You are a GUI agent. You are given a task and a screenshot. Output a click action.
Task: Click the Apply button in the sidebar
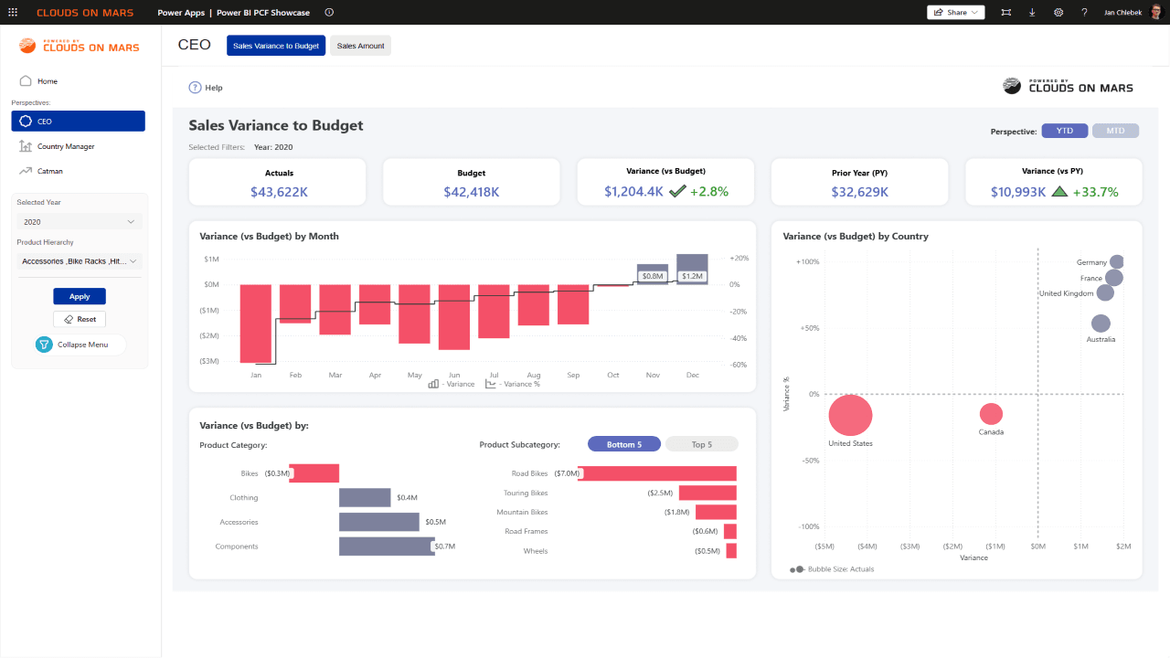click(80, 296)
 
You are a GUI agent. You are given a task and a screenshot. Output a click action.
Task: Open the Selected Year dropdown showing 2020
click(79, 222)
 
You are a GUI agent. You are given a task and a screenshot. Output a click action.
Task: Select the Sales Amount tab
click(360, 46)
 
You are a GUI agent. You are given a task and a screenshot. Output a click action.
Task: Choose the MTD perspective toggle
click(1115, 131)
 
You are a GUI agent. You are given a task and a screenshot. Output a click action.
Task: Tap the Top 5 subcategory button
click(701, 444)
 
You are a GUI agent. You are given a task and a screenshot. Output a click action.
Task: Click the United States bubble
click(850, 415)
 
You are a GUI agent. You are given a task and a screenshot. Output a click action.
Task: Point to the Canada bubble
click(991, 414)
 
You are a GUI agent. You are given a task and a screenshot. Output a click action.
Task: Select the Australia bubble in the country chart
click(1101, 324)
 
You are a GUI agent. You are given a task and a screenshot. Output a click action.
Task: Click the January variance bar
click(255, 324)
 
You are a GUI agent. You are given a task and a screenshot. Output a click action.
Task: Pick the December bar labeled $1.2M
click(692, 269)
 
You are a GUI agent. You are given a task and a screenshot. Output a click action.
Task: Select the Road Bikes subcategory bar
click(657, 473)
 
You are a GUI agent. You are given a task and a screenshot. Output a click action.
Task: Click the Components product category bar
click(387, 547)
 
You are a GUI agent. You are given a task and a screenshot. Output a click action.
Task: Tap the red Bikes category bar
click(314, 473)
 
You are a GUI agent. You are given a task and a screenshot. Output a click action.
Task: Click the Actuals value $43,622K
click(279, 192)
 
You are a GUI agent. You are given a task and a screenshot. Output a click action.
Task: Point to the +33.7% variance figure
click(1095, 192)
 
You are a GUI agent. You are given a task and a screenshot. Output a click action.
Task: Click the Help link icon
click(195, 87)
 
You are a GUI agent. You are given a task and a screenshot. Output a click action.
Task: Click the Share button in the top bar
click(955, 13)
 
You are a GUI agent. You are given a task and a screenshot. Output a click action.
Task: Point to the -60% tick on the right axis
click(739, 365)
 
